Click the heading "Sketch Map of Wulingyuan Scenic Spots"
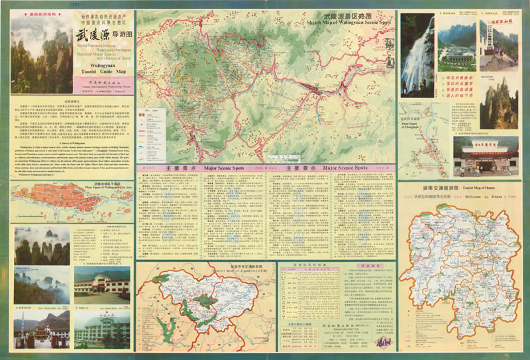(x=349, y=21)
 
